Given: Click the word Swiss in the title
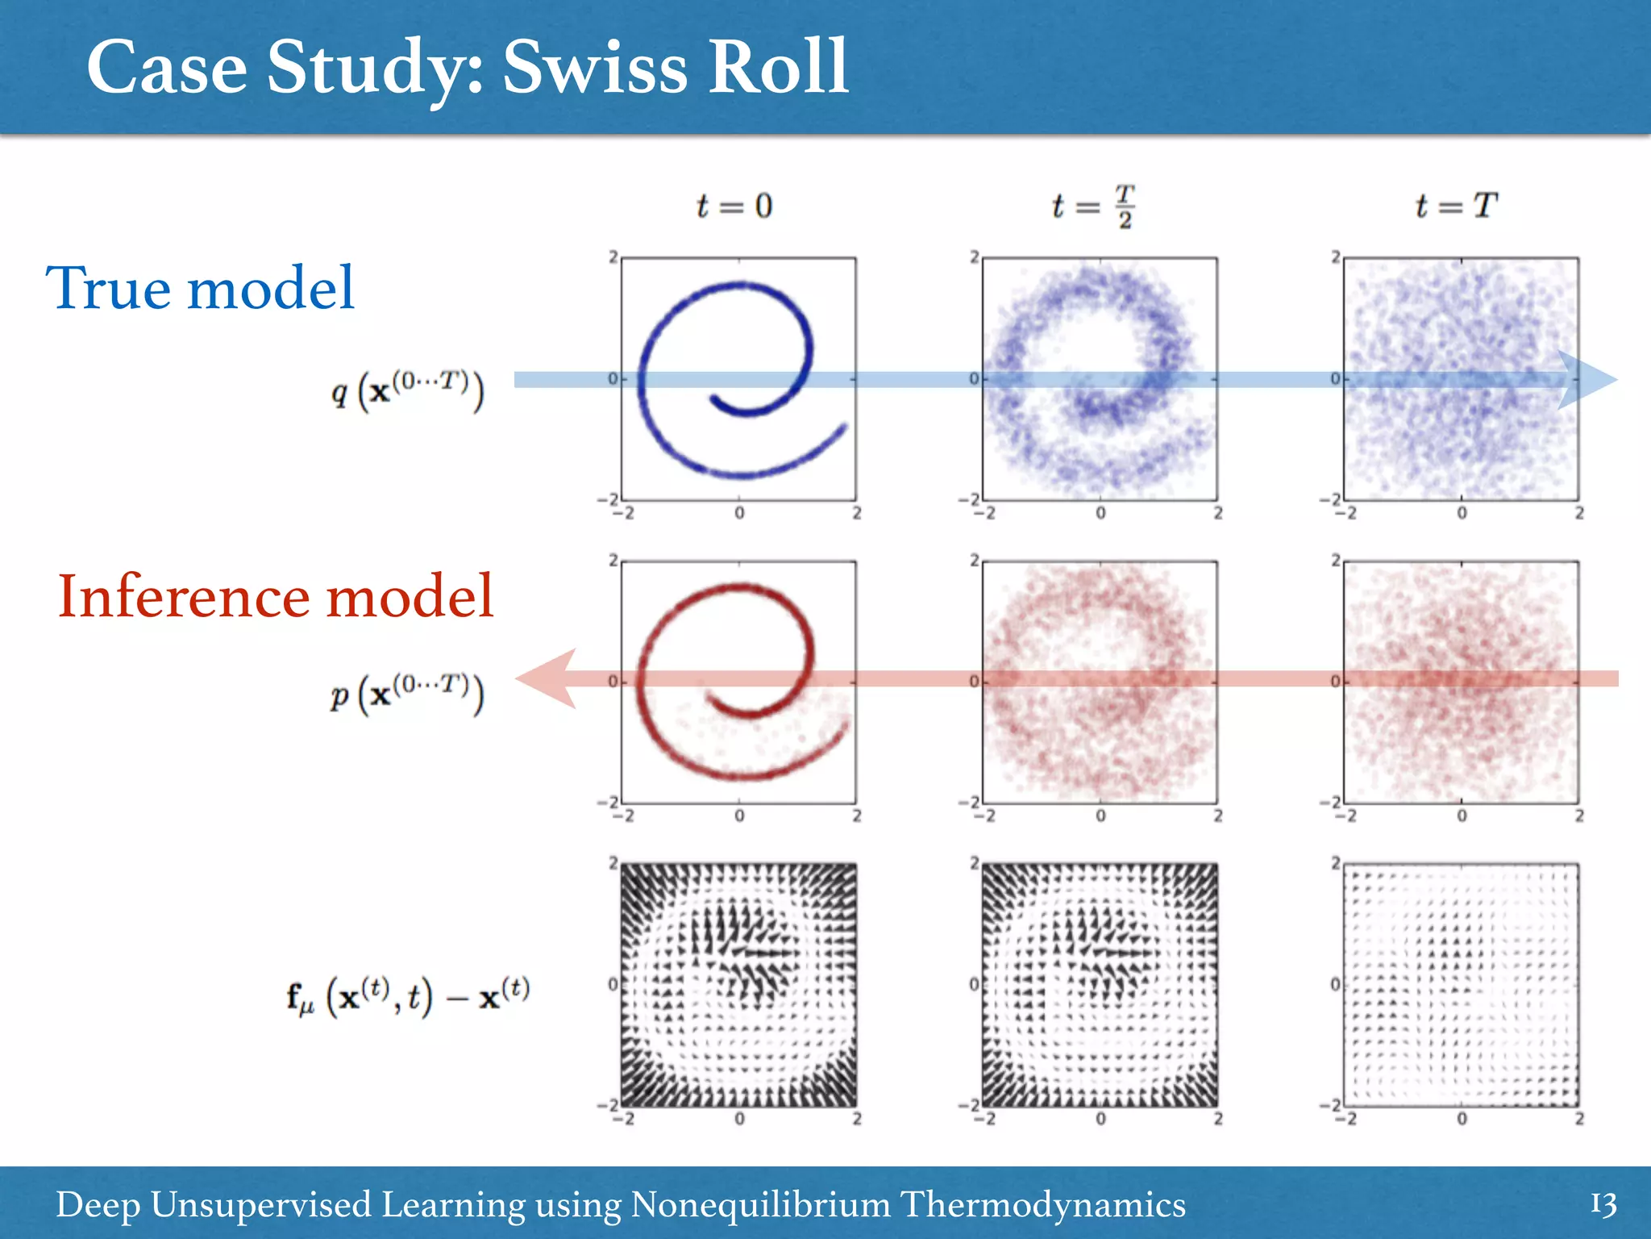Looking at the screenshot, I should [595, 68].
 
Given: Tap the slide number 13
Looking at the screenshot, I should [1603, 1204].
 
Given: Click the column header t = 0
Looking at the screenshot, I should [734, 206].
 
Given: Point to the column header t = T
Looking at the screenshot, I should [1456, 206].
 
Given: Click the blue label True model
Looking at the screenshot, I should [200, 288].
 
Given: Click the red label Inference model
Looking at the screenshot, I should [276, 596].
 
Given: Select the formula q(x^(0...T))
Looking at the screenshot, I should [408, 390].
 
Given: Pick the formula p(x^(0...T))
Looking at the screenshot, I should [408, 693].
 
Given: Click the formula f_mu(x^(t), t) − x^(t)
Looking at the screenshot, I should [408, 996].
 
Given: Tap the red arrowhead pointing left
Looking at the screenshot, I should [548, 678].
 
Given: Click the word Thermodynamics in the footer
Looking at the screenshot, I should [1042, 1204].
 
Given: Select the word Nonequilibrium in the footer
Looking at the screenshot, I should [760, 1204].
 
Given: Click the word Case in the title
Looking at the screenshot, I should [166, 68].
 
